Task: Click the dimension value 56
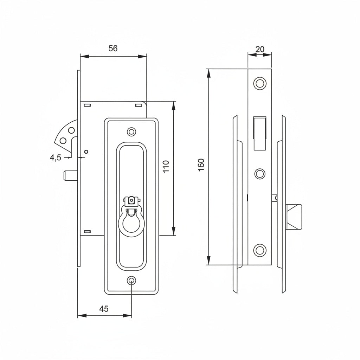(x=113, y=49)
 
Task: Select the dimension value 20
(x=260, y=49)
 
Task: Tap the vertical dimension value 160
(x=201, y=165)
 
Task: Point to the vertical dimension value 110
(x=166, y=166)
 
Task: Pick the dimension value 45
(x=104, y=309)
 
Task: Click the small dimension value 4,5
(x=56, y=158)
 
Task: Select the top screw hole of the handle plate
(x=131, y=132)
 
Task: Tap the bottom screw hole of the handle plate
(x=131, y=281)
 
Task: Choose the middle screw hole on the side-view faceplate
(x=260, y=174)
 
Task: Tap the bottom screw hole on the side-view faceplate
(x=260, y=249)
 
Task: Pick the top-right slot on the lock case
(x=138, y=105)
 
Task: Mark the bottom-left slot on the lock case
(x=88, y=231)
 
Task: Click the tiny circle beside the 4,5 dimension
(x=86, y=152)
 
